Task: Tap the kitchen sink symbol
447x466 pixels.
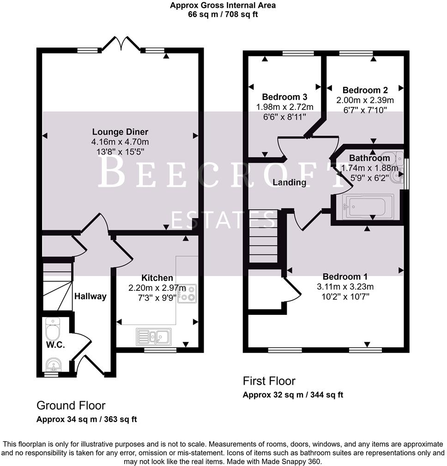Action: tap(154, 336)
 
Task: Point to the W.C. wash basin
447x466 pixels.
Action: tap(54, 365)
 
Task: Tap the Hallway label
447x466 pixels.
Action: tap(91, 296)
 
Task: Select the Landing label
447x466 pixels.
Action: tap(289, 182)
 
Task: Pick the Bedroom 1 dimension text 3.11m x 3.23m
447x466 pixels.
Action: tap(345, 286)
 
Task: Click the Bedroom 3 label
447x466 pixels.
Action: tap(284, 97)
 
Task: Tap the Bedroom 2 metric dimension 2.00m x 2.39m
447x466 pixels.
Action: tap(364, 100)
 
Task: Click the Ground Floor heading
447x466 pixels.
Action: tap(71, 406)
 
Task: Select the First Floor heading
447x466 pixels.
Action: tap(269, 381)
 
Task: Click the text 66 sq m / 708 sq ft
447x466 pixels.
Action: tap(223, 14)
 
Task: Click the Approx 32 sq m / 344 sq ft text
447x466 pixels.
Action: tap(293, 395)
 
